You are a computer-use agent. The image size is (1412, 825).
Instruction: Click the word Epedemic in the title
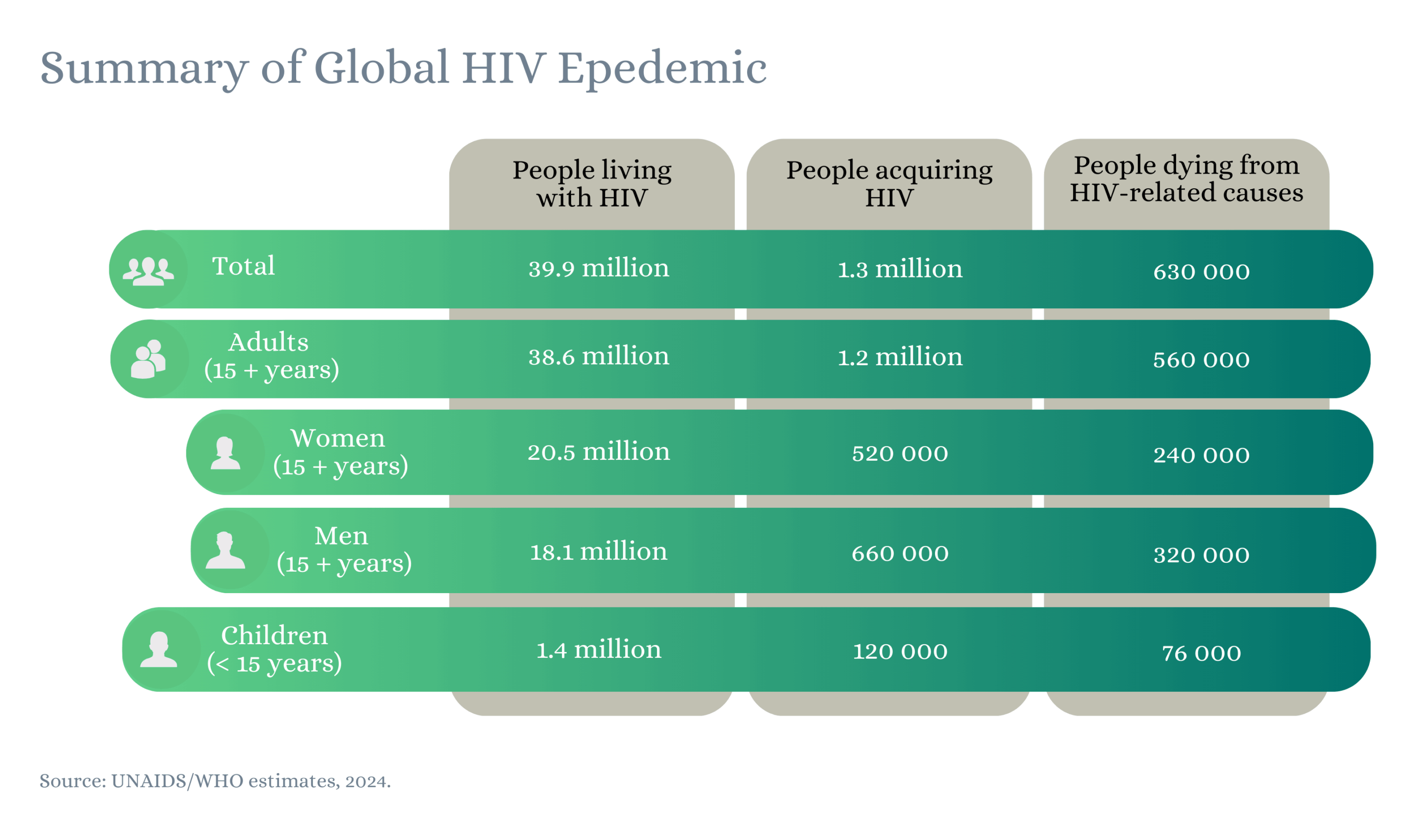[662, 68]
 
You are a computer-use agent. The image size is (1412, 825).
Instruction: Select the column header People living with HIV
[592, 183]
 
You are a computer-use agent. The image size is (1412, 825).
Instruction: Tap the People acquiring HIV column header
[889, 183]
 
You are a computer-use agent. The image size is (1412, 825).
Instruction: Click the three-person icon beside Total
[148, 271]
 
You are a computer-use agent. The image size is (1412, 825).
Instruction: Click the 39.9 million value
[599, 269]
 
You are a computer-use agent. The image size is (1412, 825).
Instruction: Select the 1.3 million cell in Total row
[900, 270]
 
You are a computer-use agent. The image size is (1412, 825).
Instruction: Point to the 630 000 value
[1201, 272]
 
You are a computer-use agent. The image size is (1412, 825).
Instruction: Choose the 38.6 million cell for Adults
[599, 357]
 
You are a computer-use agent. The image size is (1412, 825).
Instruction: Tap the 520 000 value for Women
[900, 453]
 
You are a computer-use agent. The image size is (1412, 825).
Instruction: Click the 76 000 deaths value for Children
[1201, 653]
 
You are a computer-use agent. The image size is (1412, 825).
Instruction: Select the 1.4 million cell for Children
[599, 650]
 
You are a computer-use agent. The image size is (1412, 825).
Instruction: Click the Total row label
[243, 266]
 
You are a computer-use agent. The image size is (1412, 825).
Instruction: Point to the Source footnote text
[215, 781]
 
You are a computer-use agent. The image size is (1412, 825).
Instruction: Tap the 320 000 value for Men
[1201, 555]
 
